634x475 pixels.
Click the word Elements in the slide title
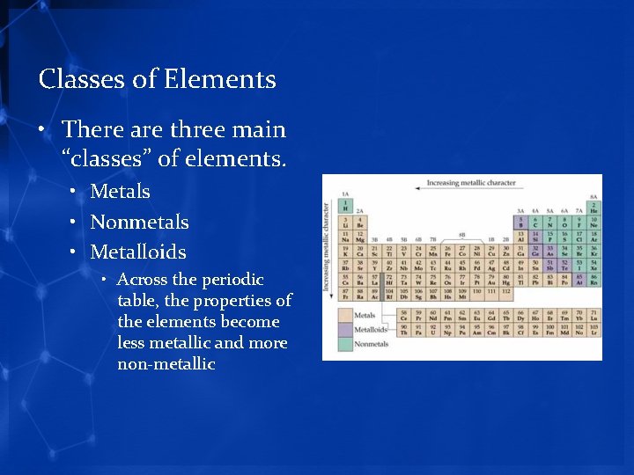click(x=219, y=80)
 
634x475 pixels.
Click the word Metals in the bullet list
click(x=120, y=192)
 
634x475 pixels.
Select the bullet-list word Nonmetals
click(x=139, y=222)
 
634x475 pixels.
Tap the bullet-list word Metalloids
click(x=138, y=252)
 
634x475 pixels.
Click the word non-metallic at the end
click(x=166, y=364)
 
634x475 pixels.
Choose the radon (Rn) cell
click(x=593, y=281)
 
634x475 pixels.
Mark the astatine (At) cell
click(x=579, y=281)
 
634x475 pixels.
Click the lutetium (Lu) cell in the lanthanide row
click(x=593, y=314)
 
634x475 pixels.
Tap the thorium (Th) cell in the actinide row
click(x=404, y=331)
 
